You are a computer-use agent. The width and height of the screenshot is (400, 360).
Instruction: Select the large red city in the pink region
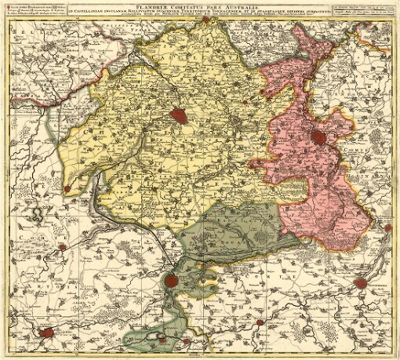coord(319,139)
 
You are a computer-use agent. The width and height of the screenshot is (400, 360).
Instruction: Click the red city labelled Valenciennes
coord(360,283)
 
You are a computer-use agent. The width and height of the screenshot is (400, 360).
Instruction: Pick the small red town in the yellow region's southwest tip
coord(67,189)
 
